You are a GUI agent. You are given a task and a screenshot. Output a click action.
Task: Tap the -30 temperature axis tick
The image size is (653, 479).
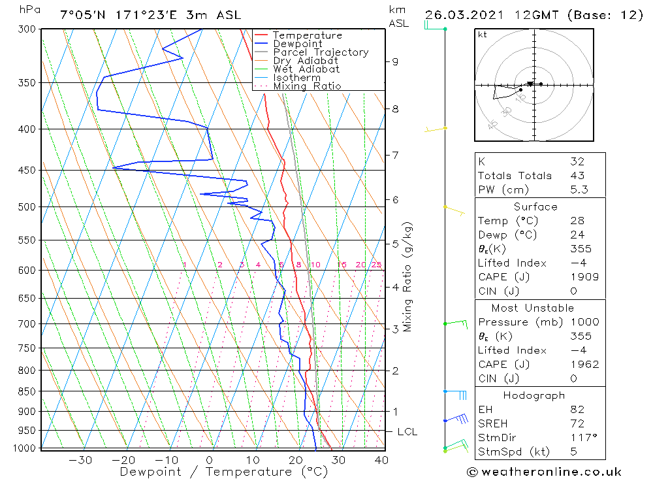[x=80, y=460]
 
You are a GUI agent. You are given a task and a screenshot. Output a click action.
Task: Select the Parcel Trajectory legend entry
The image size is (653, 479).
[x=321, y=52]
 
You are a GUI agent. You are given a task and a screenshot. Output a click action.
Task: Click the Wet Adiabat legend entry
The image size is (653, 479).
[x=306, y=69]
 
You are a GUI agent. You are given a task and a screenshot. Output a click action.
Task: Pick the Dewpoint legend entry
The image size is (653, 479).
[x=297, y=44]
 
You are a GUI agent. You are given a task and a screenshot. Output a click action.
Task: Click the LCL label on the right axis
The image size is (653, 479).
[x=407, y=432]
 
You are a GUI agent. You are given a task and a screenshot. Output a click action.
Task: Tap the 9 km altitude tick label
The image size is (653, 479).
[x=395, y=61]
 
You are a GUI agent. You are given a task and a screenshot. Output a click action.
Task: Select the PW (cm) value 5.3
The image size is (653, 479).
[x=578, y=190]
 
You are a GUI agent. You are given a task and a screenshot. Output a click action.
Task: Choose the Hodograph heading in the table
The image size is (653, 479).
[x=534, y=395]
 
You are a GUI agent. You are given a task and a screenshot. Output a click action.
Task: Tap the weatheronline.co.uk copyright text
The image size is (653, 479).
[x=544, y=472]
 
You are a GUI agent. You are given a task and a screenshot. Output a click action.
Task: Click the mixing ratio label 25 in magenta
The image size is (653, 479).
[x=376, y=265]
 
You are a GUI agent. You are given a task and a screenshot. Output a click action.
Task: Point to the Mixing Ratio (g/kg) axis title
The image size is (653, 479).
[x=408, y=276]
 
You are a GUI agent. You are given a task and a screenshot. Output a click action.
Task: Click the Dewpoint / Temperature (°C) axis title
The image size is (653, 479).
[x=213, y=472]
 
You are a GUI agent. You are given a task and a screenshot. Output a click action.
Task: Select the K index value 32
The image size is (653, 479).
[x=577, y=161]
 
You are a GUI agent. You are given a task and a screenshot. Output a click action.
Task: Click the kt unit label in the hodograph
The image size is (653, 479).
[x=482, y=35]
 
